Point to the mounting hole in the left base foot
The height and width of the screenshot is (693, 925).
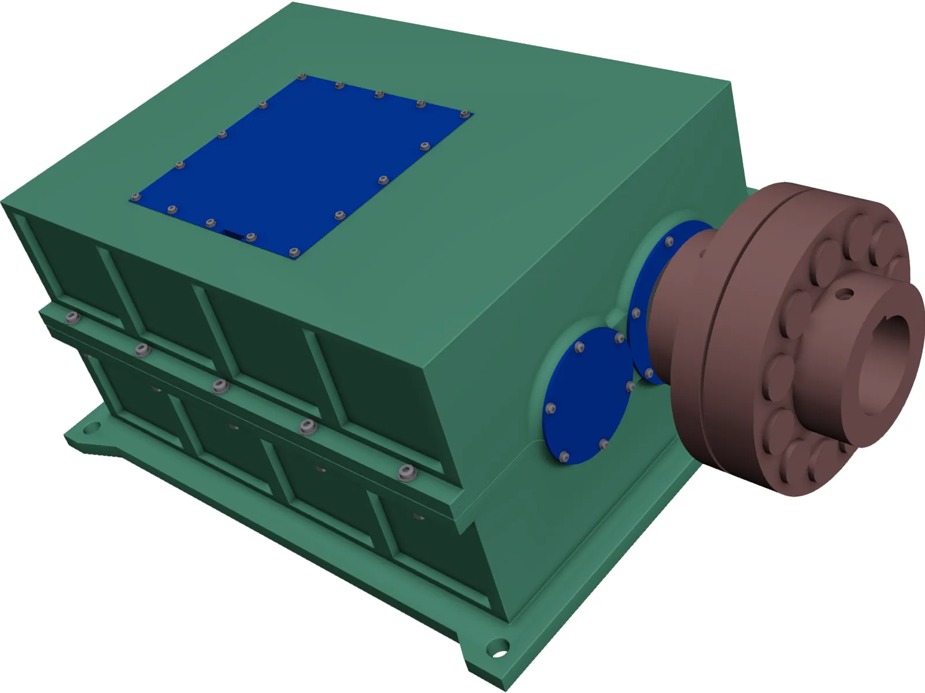pyautogui.click(x=90, y=429)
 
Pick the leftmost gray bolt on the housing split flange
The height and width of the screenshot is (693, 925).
pyautogui.click(x=72, y=317)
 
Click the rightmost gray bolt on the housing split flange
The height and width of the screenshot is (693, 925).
pyautogui.click(x=407, y=473)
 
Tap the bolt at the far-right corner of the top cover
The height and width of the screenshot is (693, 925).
pyautogui.click(x=464, y=114)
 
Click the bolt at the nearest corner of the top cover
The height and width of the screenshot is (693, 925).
pyautogui.click(x=294, y=252)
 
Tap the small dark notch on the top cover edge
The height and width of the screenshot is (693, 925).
pyautogui.click(x=234, y=234)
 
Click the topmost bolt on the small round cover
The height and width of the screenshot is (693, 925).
pyautogui.click(x=580, y=347)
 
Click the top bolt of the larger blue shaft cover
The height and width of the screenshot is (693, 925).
pyautogui.click(x=670, y=241)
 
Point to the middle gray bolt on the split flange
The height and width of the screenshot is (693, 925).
pyautogui.click(x=219, y=386)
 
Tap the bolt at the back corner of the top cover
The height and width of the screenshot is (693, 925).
pyautogui.click(x=301, y=77)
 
